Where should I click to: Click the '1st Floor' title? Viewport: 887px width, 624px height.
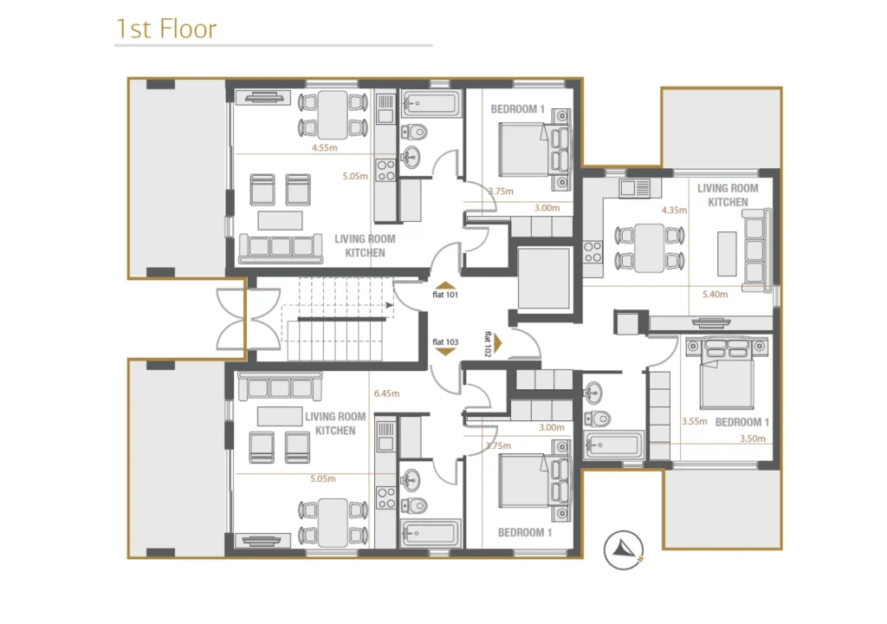tap(165, 29)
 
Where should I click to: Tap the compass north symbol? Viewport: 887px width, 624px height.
tap(624, 549)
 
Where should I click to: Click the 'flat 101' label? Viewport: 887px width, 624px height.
tap(445, 295)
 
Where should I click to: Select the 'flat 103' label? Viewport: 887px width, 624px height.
tap(445, 342)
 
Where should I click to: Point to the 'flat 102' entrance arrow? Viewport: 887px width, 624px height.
tap(498, 343)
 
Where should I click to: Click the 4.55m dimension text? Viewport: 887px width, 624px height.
tap(325, 148)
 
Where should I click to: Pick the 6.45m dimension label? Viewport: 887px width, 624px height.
tap(386, 393)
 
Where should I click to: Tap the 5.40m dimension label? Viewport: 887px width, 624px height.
tap(715, 295)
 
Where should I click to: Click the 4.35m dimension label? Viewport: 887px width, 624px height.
tap(674, 210)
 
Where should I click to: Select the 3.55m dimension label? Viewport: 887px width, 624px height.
tap(694, 421)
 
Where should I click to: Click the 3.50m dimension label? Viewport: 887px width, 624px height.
tap(753, 439)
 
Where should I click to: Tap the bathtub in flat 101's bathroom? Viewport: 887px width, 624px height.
tap(431, 104)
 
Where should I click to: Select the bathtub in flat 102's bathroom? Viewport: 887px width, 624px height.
tap(614, 445)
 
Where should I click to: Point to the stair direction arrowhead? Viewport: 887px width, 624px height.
tap(390, 305)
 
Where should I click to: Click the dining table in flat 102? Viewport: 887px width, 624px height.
tap(650, 248)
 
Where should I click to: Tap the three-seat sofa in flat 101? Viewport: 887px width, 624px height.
tap(282, 248)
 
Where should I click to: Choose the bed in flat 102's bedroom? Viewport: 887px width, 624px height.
tap(727, 374)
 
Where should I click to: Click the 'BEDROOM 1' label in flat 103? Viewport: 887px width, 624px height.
tap(524, 532)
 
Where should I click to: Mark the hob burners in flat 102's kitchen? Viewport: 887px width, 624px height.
tap(592, 252)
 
